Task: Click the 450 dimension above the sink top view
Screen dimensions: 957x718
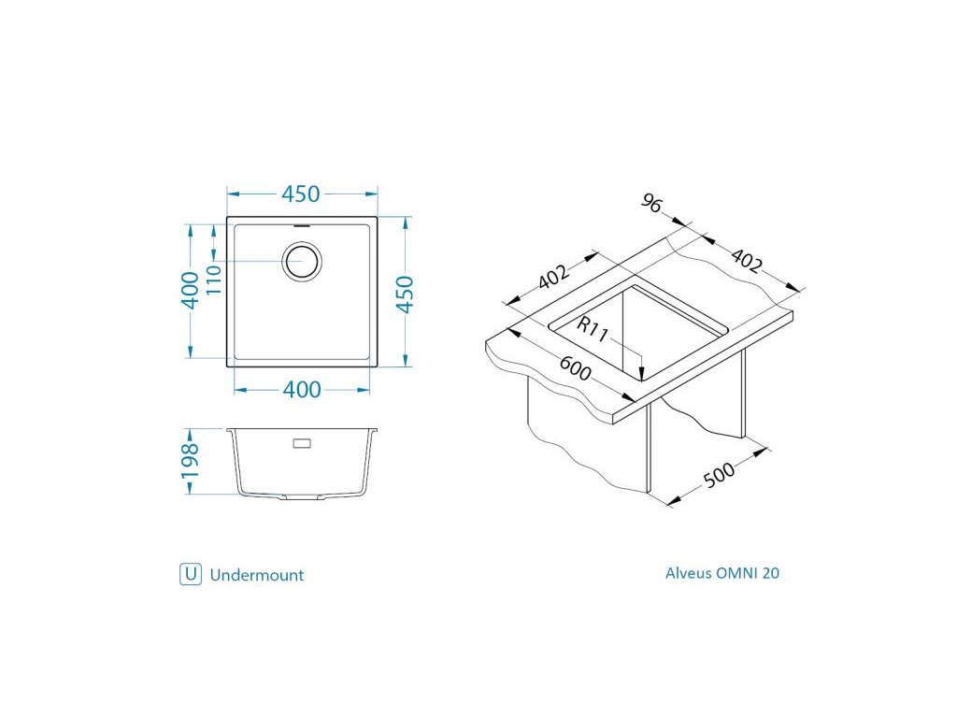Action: (300, 194)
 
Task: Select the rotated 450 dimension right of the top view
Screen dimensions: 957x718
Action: (405, 294)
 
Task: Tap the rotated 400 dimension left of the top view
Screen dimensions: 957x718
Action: (191, 290)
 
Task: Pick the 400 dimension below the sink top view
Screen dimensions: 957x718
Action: (302, 390)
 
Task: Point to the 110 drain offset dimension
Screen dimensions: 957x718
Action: (214, 280)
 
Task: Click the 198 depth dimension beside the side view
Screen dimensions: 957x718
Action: (190, 461)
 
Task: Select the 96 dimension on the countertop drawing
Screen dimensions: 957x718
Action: (651, 203)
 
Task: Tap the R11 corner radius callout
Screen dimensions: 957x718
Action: (592, 330)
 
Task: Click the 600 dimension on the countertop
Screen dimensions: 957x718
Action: (575, 368)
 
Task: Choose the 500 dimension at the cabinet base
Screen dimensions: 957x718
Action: (720, 474)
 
